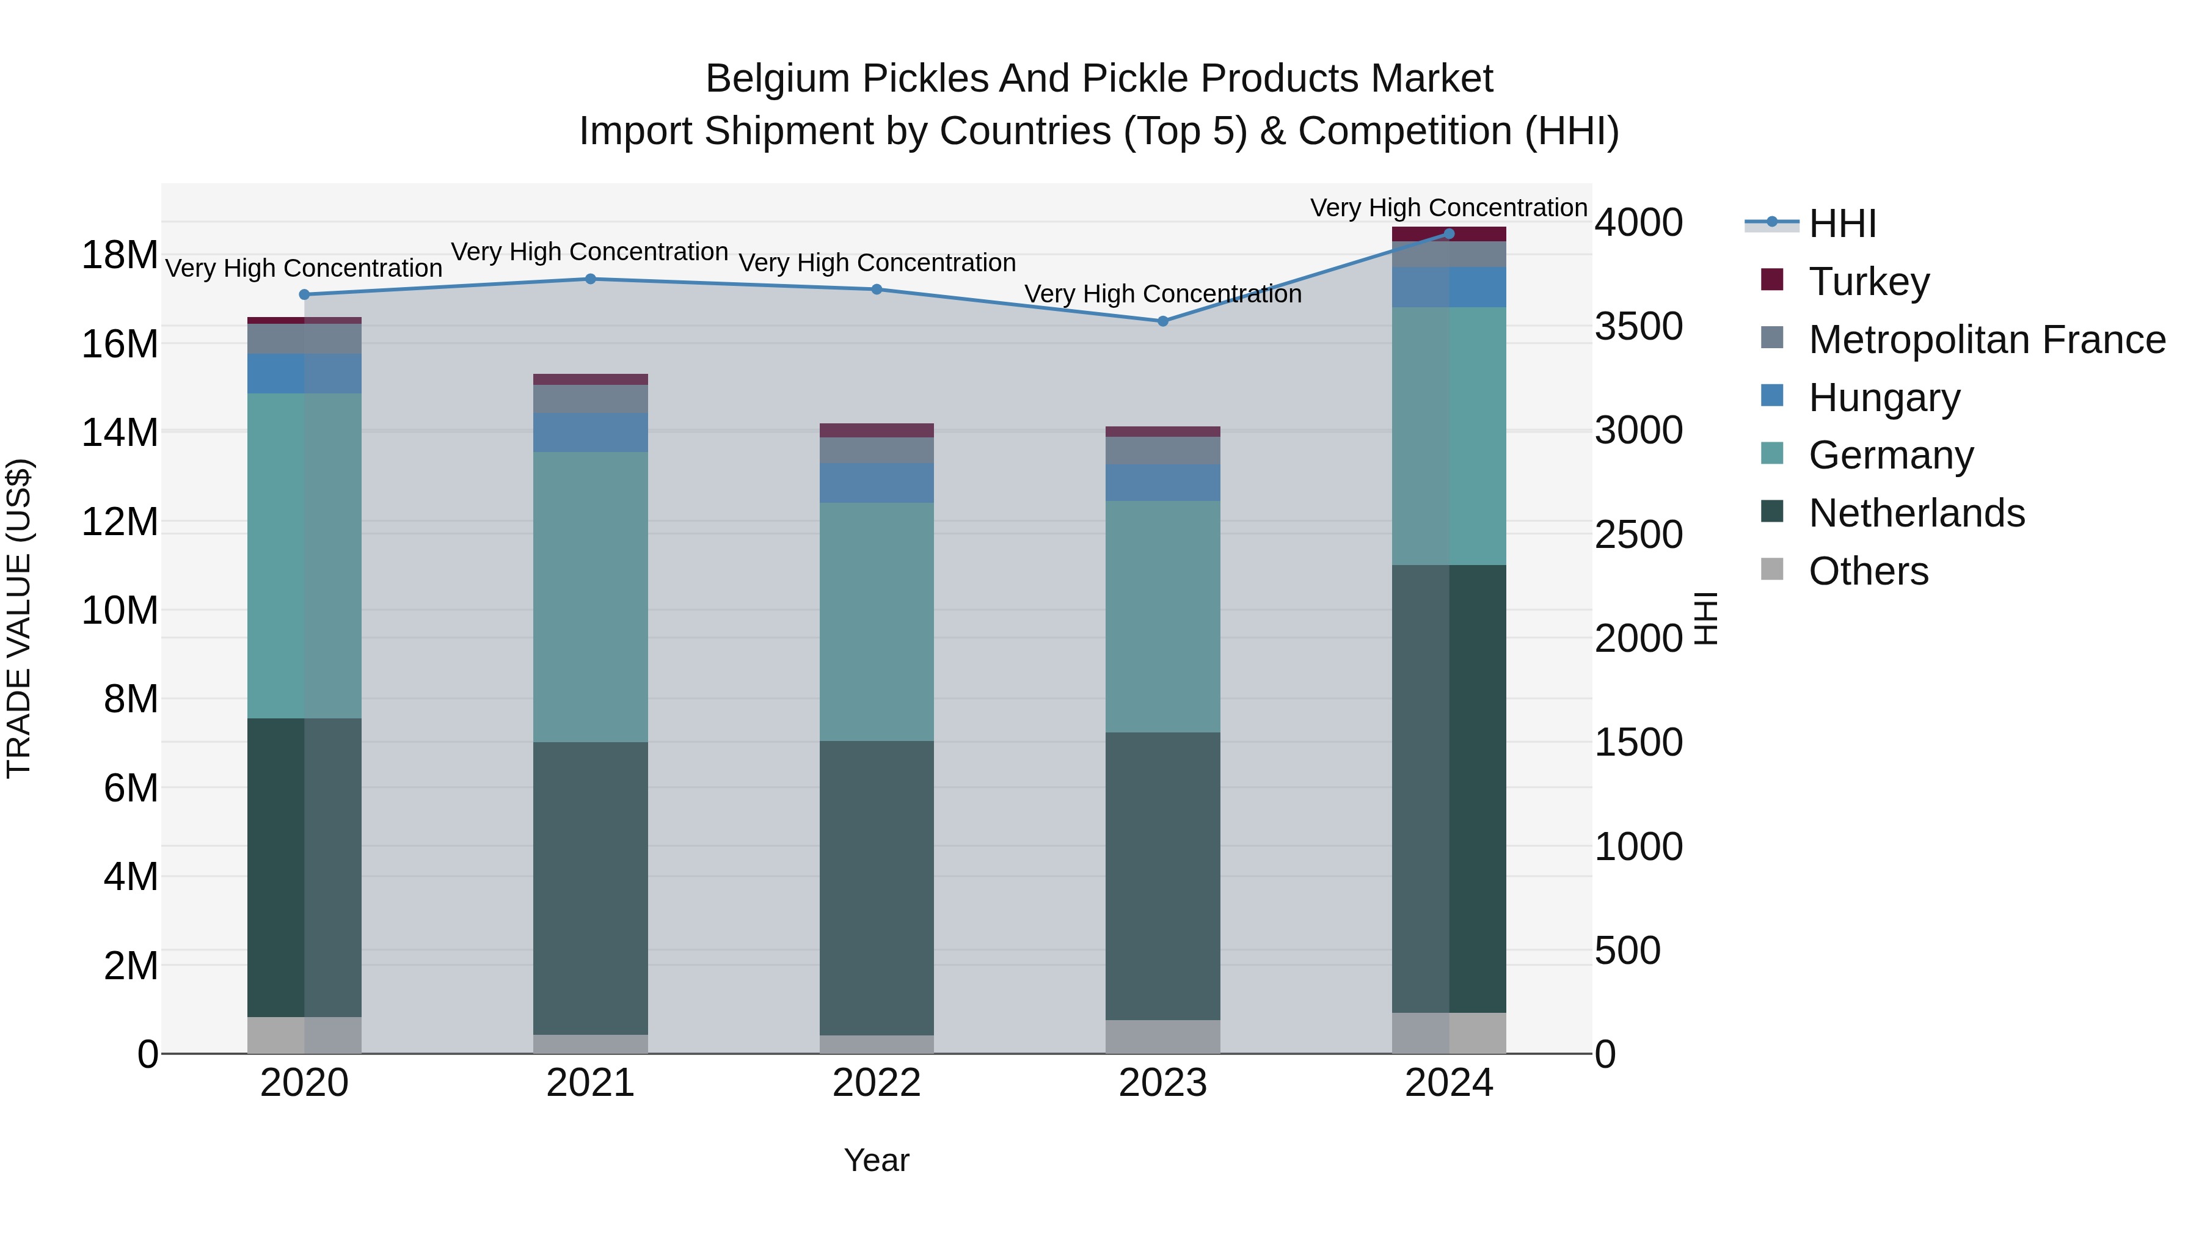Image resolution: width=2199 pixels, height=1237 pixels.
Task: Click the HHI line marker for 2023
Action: [x=1162, y=321]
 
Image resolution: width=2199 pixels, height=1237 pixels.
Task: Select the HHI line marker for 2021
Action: [x=591, y=279]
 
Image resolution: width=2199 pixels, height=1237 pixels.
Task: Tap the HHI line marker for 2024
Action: [x=1449, y=233]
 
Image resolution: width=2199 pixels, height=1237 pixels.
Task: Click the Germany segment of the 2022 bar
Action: [x=877, y=621]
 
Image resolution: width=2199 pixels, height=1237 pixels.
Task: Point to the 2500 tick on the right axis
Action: [x=1638, y=535]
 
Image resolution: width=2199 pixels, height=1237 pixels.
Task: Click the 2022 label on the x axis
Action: [x=877, y=1083]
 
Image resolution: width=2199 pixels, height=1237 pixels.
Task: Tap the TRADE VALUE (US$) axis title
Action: [x=19, y=618]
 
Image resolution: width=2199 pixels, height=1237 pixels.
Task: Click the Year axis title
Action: [x=877, y=1160]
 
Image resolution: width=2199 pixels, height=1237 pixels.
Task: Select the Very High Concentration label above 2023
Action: [x=1162, y=294]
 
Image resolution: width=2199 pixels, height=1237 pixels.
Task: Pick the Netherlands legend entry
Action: [x=1916, y=513]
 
